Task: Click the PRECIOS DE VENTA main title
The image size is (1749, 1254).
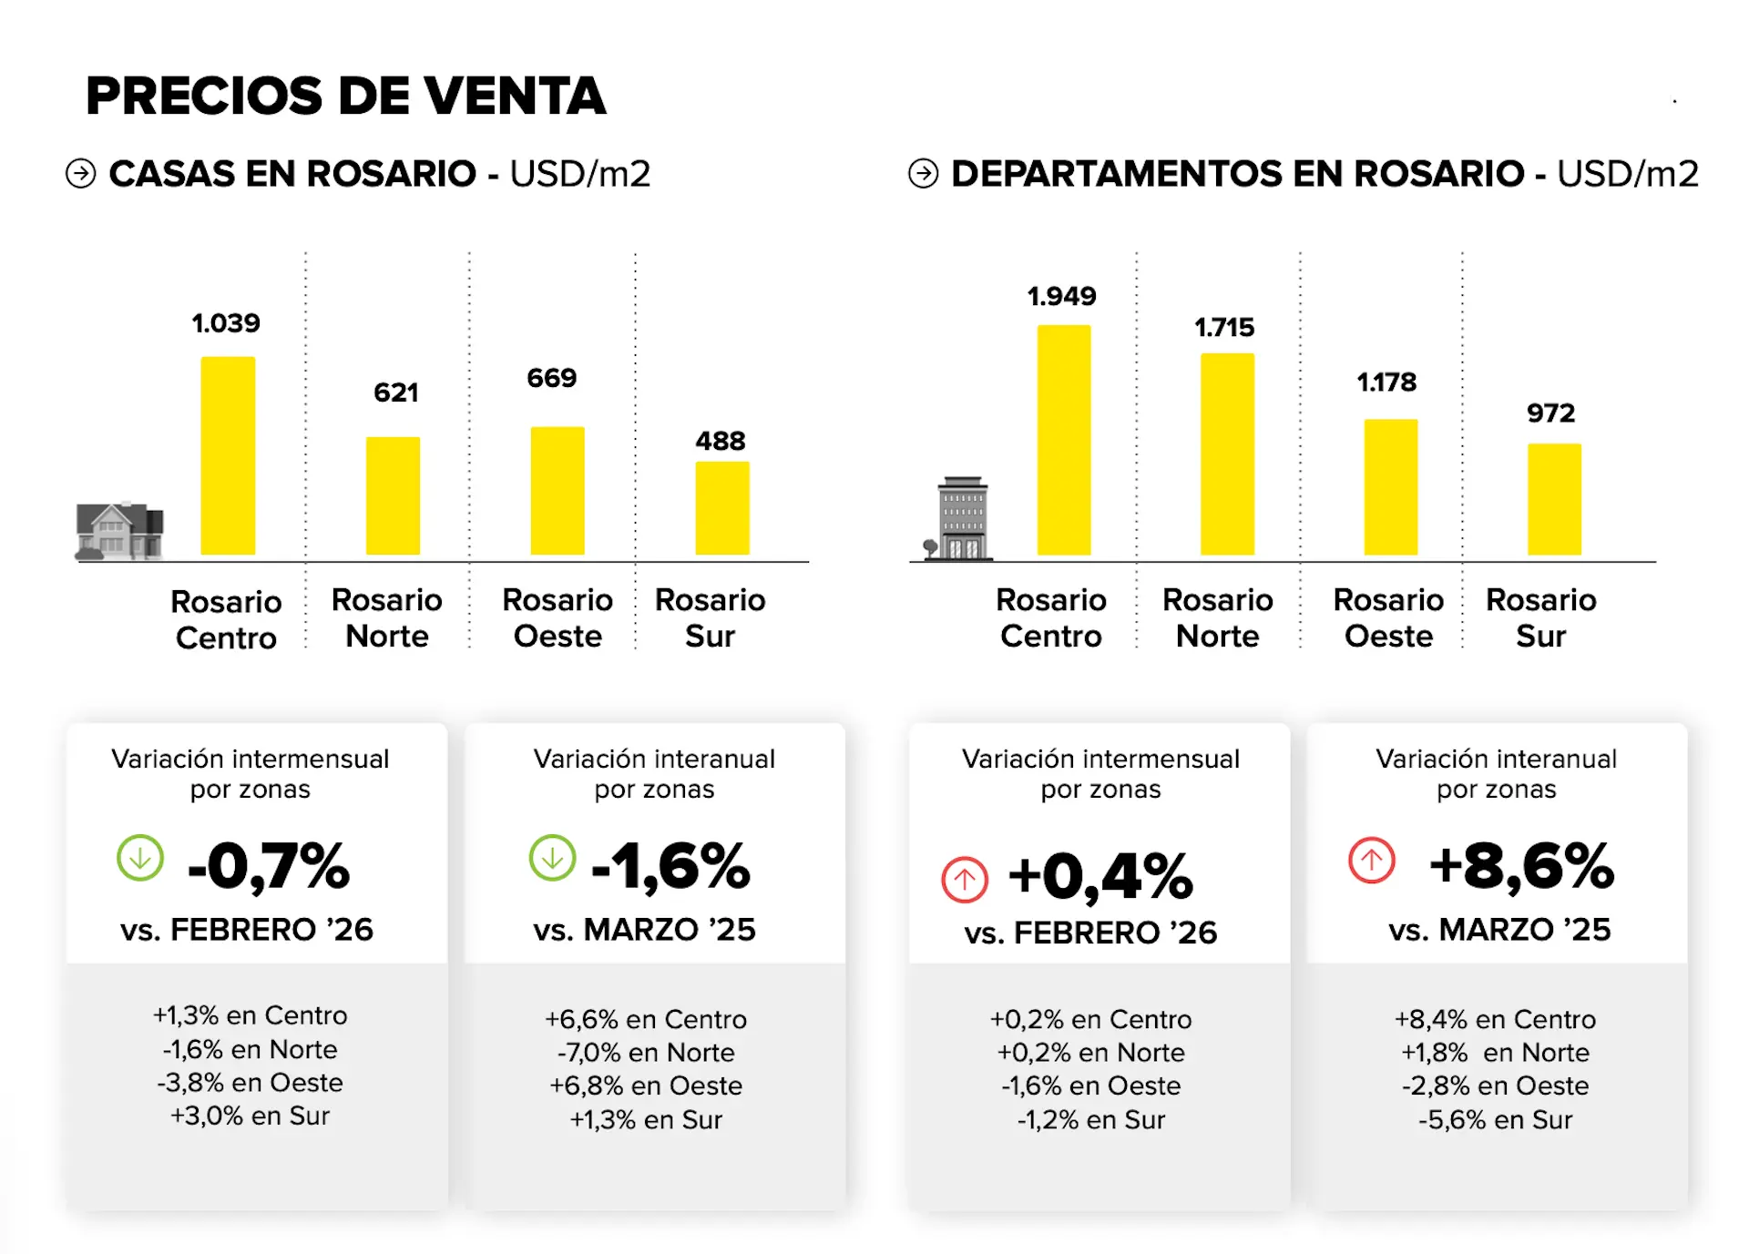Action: pos(345,97)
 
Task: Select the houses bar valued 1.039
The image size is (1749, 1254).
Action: pos(228,455)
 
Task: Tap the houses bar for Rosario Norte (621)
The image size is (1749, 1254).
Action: pos(393,495)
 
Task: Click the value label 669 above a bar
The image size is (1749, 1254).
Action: pos(551,378)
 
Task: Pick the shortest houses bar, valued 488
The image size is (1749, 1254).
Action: pos(722,508)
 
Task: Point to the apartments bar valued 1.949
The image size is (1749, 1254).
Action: pos(1063,440)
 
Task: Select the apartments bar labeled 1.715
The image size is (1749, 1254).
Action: pos(1227,454)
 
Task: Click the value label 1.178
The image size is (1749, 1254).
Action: pos(1386,382)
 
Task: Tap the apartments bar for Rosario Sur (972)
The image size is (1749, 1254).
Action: pos(1554,499)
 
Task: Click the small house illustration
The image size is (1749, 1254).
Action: pos(119,530)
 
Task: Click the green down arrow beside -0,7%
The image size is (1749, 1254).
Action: pos(140,858)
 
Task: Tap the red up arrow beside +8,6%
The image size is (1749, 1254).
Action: pos(1371,860)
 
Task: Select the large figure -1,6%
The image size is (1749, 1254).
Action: pos(670,865)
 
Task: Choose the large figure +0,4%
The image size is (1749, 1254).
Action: pos(1100,876)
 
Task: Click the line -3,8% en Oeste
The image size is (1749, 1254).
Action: pos(250,1083)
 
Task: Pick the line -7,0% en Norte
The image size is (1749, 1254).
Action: pos(646,1053)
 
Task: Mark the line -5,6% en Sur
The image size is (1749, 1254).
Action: pos(1495,1120)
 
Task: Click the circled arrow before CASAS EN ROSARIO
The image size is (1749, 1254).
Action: pos(81,173)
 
